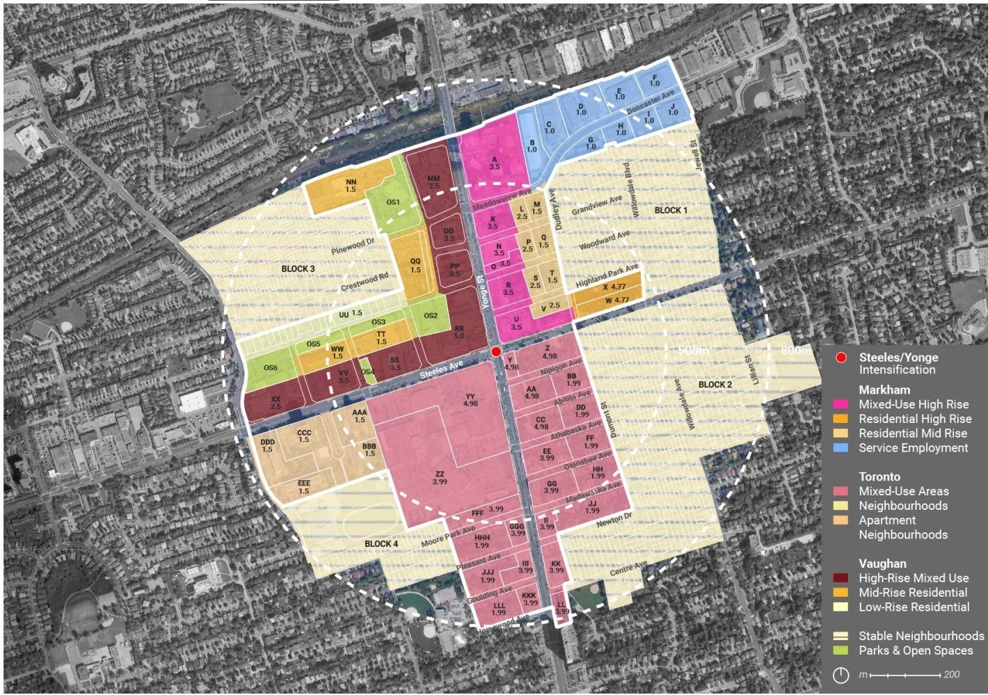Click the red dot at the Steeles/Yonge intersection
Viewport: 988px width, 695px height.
(x=495, y=351)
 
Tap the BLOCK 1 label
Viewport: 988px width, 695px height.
(x=670, y=210)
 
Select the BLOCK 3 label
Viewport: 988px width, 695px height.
(x=298, y=269)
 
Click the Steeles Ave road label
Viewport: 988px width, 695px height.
(x=441, y=369)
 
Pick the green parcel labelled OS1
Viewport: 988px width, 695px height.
(x=393, y=202)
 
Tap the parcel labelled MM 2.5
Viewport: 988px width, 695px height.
(x=433, y=182)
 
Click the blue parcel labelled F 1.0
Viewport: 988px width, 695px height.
(x=654, y=80)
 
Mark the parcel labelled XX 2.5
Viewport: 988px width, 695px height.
(x=276, y=403)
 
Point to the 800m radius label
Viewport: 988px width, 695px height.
(x=794, y=351)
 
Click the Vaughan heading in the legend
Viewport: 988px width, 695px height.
(x=882, y=564)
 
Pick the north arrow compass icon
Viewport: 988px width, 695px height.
(x=840, y=675)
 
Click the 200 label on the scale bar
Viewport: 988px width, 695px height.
(x=951, y=675)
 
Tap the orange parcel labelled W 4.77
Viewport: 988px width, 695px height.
(x=616, y=301)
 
